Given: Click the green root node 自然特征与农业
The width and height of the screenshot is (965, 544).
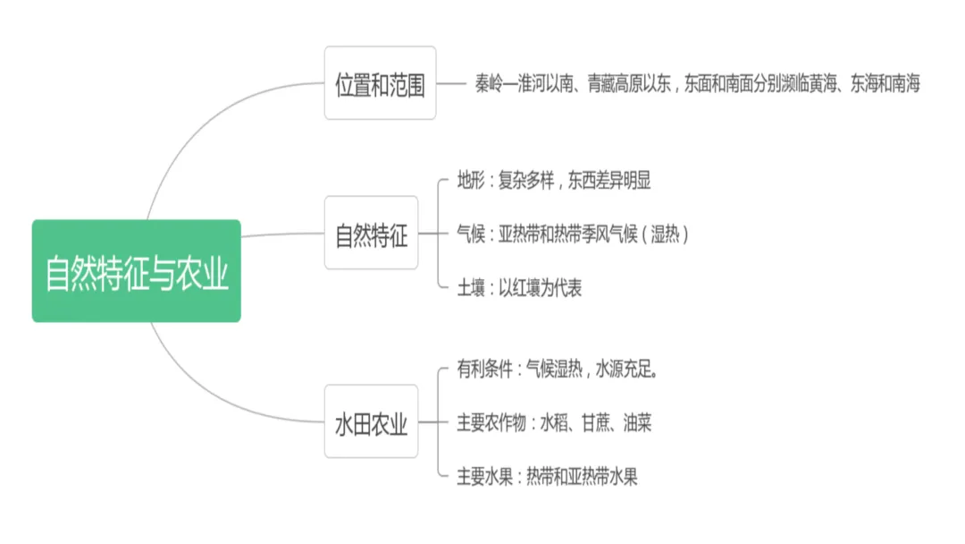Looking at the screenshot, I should click(137, 271).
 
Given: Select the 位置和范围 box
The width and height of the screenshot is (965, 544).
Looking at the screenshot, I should click(380, 83).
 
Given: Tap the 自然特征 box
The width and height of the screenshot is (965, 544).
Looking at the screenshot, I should click(371, 234).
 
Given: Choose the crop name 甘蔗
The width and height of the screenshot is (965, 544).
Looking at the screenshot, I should click(596, 422).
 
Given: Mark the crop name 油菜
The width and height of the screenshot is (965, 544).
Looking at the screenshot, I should click(637, 422).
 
